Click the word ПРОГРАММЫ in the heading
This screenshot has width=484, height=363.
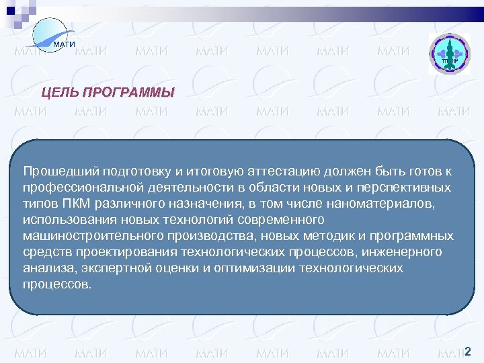click(128, 92)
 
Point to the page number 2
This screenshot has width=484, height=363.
click(468, 351)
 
